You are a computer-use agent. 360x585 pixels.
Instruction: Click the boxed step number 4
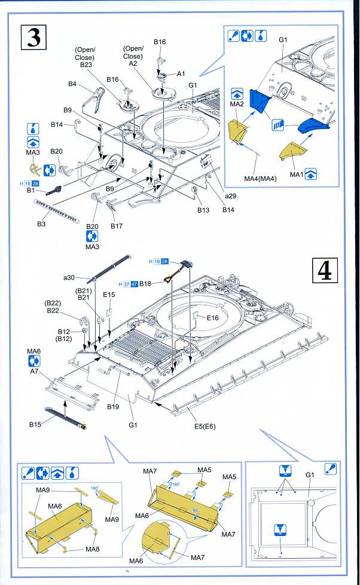click(325, 271)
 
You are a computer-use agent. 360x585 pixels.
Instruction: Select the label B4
click(72, 84)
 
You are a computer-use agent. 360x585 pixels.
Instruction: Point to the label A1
click(181, 73)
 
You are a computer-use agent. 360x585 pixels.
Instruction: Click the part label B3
click(41, 224)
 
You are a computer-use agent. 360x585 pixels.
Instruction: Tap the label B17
click(117, 226)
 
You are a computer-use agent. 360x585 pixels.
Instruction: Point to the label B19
click(114, 406)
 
